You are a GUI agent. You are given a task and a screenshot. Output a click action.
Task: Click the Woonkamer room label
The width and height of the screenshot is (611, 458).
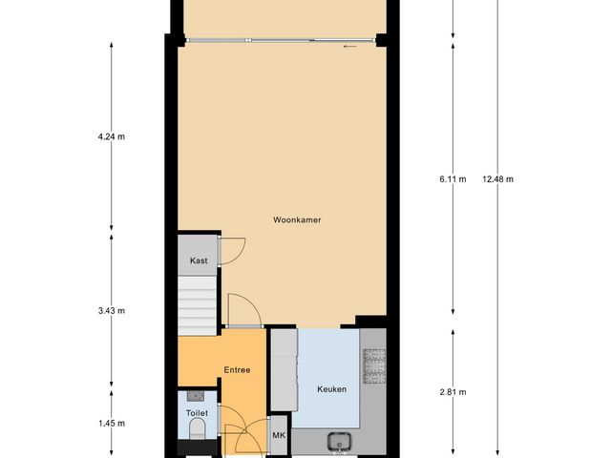[x=296, y=220]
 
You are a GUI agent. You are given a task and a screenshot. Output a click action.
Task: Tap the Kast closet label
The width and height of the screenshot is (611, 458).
[x=199, y=260]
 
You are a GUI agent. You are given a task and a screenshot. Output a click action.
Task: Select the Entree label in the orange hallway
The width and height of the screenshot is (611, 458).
[x=238, y=369]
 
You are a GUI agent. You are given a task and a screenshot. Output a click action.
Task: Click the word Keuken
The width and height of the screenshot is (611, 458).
[x=331, y=389]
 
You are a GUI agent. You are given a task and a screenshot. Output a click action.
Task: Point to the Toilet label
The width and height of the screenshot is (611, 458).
[x=197, y=413]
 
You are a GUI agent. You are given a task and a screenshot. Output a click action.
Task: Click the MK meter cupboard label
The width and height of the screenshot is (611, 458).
[x=279, y=436]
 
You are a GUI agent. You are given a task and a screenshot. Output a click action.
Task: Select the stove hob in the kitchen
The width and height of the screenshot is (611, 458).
[x=373, y=364]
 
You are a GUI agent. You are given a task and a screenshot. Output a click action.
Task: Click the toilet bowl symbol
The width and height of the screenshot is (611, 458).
[x=196, y=434]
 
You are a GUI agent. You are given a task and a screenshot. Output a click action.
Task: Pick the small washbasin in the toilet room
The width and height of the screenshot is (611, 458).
[x=196, y=394]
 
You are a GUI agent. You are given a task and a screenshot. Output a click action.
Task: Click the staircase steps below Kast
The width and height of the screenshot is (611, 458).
[x=199, y=302]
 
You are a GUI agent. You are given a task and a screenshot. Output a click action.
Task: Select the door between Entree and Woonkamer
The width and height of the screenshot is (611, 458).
[x=241, y=310]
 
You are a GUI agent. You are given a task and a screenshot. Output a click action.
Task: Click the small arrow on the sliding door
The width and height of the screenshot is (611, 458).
[x=350, y=45]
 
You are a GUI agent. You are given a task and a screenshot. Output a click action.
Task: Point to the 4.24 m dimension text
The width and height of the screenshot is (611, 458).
[x=112, y=136]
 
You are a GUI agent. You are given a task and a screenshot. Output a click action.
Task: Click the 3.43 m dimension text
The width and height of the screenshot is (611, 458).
[x=112, y=311]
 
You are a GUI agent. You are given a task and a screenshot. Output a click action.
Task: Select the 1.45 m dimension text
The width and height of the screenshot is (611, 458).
[x=112, y=423]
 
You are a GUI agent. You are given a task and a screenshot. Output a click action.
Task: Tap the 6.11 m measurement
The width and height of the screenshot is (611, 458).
[x=452, y=179]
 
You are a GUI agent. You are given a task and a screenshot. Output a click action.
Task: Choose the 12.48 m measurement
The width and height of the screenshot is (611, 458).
[x=497, y=179]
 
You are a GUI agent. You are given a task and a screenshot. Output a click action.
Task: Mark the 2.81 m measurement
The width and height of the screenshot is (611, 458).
[x=452, y=391]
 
